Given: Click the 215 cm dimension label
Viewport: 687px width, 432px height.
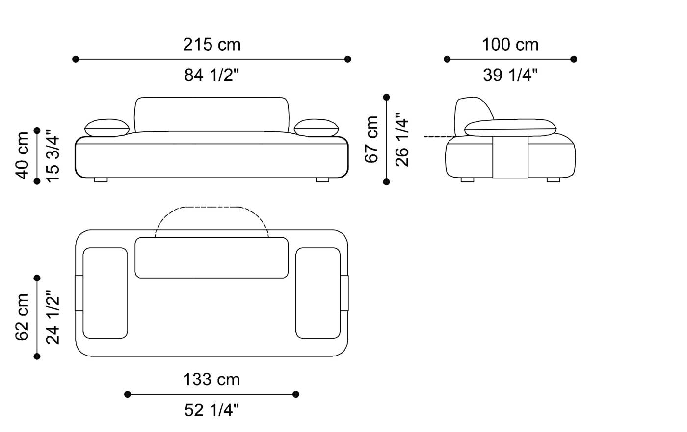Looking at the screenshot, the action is (x=211, y=45).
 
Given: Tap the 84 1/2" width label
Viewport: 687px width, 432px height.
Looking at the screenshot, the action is (x=211, y=75).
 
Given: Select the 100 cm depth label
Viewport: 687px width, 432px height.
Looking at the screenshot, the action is (x=510, y=45).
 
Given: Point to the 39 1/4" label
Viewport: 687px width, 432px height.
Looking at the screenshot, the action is (x=510, y=75).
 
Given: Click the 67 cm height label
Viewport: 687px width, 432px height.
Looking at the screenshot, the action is (x=371, y=139).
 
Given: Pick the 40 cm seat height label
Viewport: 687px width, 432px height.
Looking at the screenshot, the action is (x=22, y=155).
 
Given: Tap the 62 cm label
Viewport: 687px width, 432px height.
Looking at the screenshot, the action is (x=22, y=317).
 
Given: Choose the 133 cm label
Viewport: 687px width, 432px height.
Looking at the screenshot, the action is (x=211, y=380).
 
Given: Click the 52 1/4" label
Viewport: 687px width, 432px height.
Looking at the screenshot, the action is (x=211, y=410).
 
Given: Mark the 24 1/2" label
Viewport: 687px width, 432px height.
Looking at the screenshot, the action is (x=53, y=317).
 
